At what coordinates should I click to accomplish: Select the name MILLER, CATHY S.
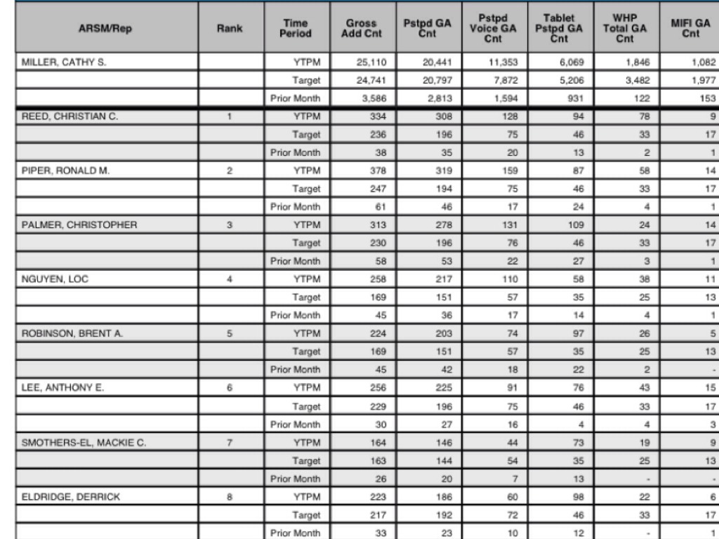pos(64,62)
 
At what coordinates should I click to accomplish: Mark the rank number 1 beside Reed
pos(230,117)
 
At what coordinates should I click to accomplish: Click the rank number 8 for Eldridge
pos(230,497)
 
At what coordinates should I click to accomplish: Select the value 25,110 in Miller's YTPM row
pos(371,62)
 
